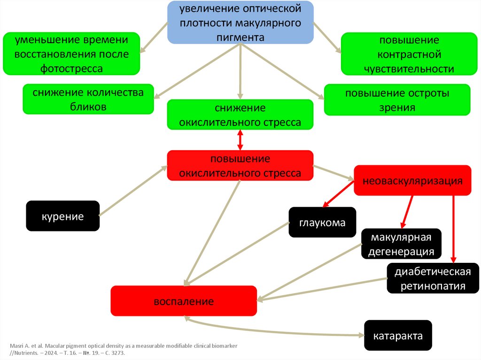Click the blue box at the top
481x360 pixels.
coord(240,23)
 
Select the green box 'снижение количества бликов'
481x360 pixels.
coord(88,99)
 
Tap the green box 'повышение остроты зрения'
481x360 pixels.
coord(397,100)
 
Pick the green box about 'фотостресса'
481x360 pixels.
coord(71,54)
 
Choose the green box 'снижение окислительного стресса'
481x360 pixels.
coord(240,115)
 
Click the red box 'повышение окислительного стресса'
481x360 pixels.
coord(240,165)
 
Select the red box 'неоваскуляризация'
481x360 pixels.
coord(412,180)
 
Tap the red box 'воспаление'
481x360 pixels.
coord(184,301)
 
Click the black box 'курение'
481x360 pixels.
coord(62,216)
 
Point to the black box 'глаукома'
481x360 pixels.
coord(322,222)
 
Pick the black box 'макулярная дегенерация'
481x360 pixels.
coord(401,244)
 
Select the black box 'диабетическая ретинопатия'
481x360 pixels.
coord(433,279)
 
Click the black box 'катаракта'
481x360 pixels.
coord(398,336)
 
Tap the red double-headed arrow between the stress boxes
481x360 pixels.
coord(240,140)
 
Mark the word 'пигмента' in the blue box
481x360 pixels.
coord(240,36)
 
